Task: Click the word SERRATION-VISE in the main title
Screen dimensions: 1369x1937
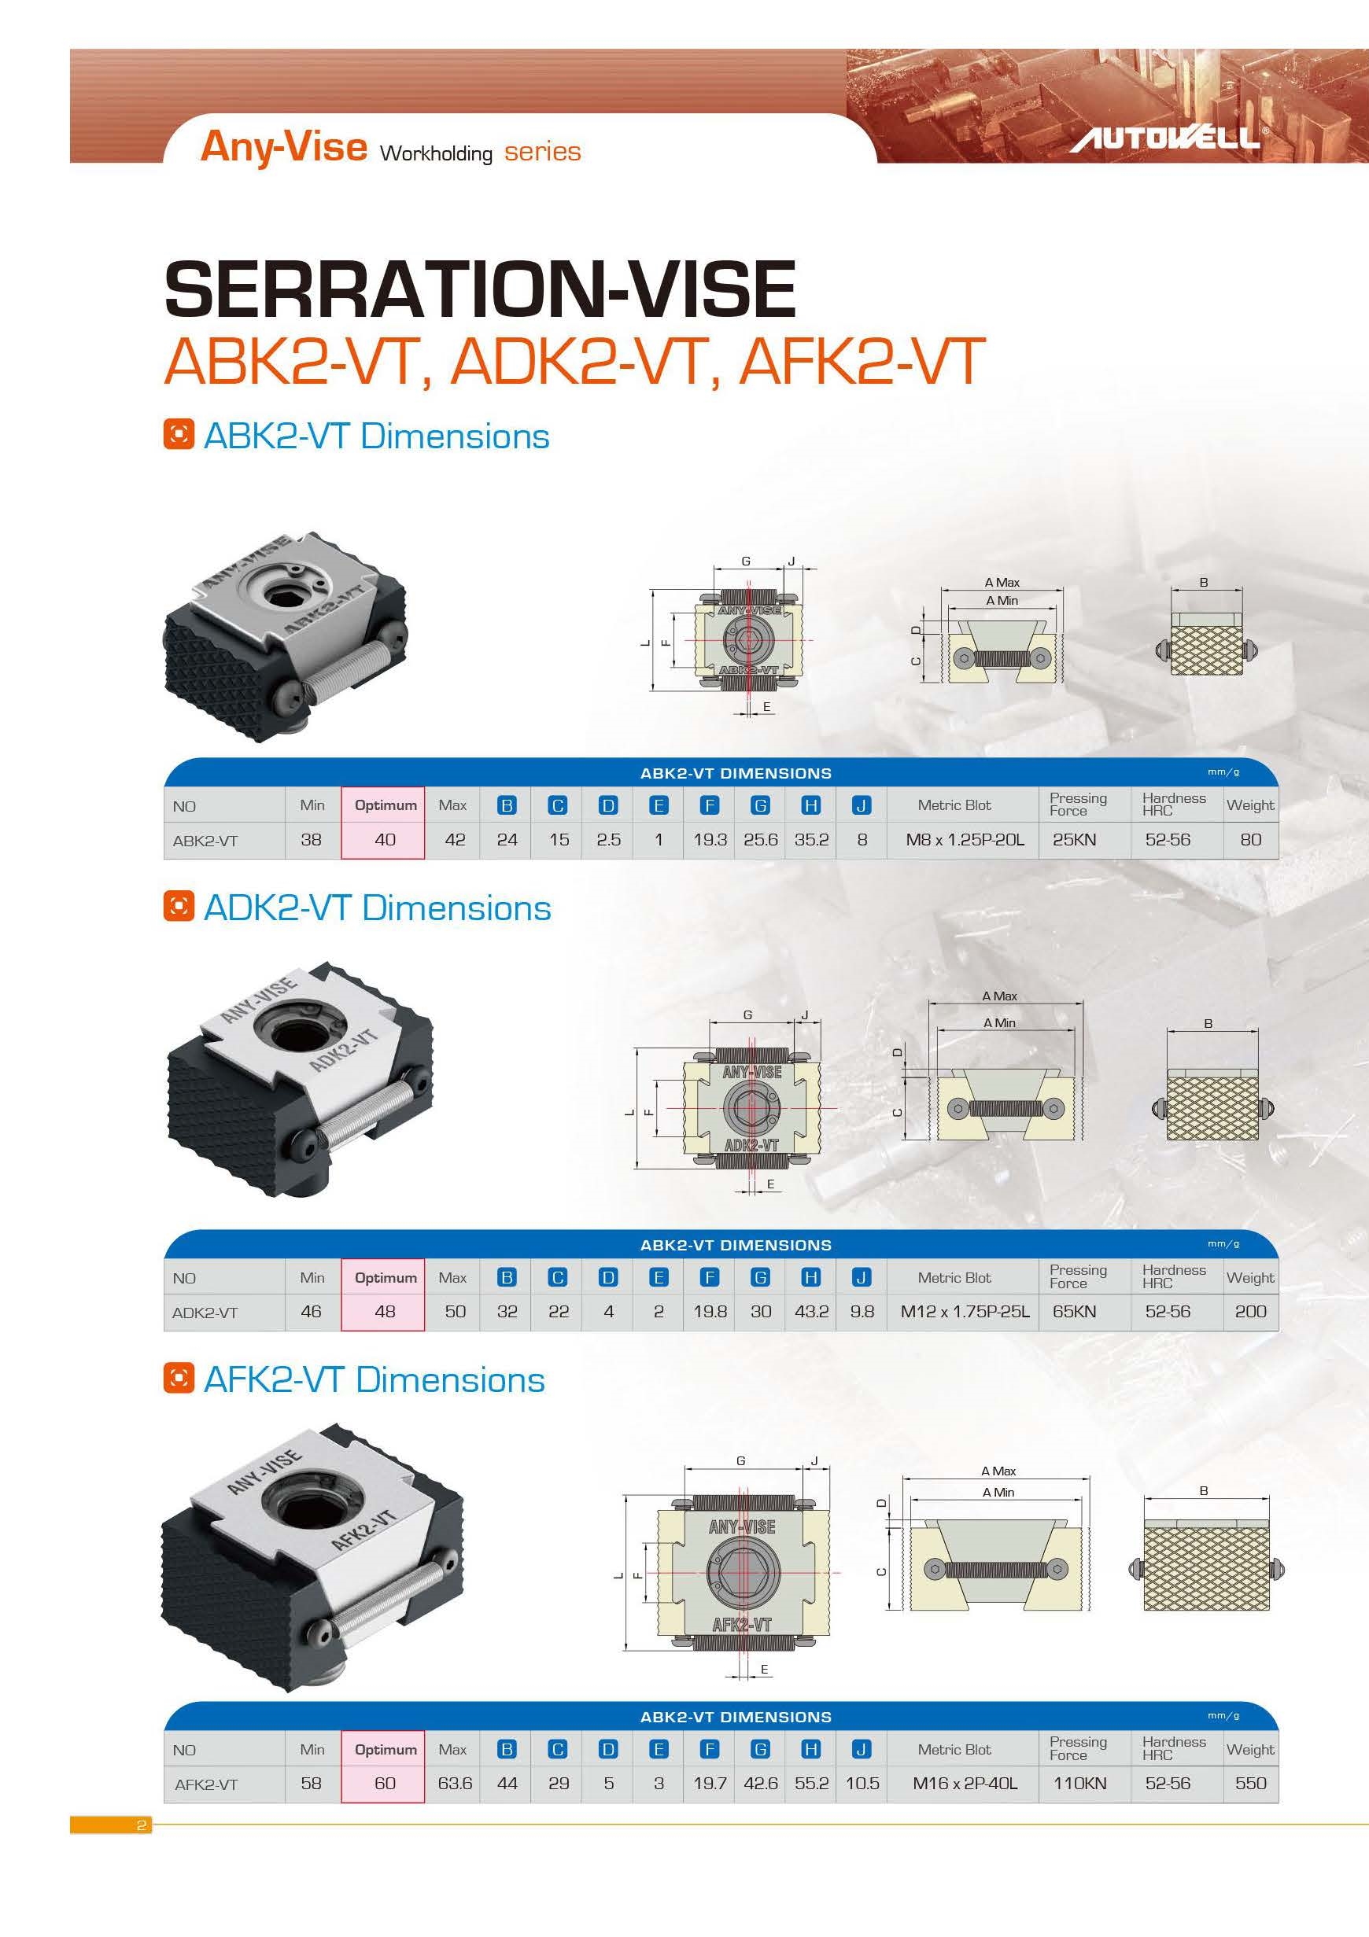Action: tap(480, 289)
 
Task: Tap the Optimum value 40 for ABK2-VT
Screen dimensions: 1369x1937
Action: tap(385, 839)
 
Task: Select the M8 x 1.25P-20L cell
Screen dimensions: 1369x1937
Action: tap(965, 839)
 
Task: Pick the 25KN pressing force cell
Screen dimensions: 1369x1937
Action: tap(1075, 839)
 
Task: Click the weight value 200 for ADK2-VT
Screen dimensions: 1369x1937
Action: tap(1251, 1311)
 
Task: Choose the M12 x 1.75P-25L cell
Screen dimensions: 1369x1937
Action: tap(965, 1311)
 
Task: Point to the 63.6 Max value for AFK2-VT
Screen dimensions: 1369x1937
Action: tap(455, 1784)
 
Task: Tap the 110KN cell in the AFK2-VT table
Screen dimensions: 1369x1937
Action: tap(1079, 1784)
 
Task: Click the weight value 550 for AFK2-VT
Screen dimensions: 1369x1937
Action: tap(1251, 1784)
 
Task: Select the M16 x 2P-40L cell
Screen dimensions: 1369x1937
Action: tap(965, 1784)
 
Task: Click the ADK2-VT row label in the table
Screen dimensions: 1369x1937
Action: tap(205, 1313)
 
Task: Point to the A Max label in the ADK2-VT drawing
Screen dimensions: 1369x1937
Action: tap(999, 996)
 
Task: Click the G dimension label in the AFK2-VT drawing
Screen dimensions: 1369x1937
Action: tap(741, 1461)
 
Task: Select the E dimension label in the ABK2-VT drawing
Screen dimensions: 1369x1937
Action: tap(766, 707)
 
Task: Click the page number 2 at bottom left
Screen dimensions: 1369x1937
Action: tap(141, 1825)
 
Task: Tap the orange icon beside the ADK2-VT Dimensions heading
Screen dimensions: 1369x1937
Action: tap(178, 906)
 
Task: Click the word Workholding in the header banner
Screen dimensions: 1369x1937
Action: tap(437, 153)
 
